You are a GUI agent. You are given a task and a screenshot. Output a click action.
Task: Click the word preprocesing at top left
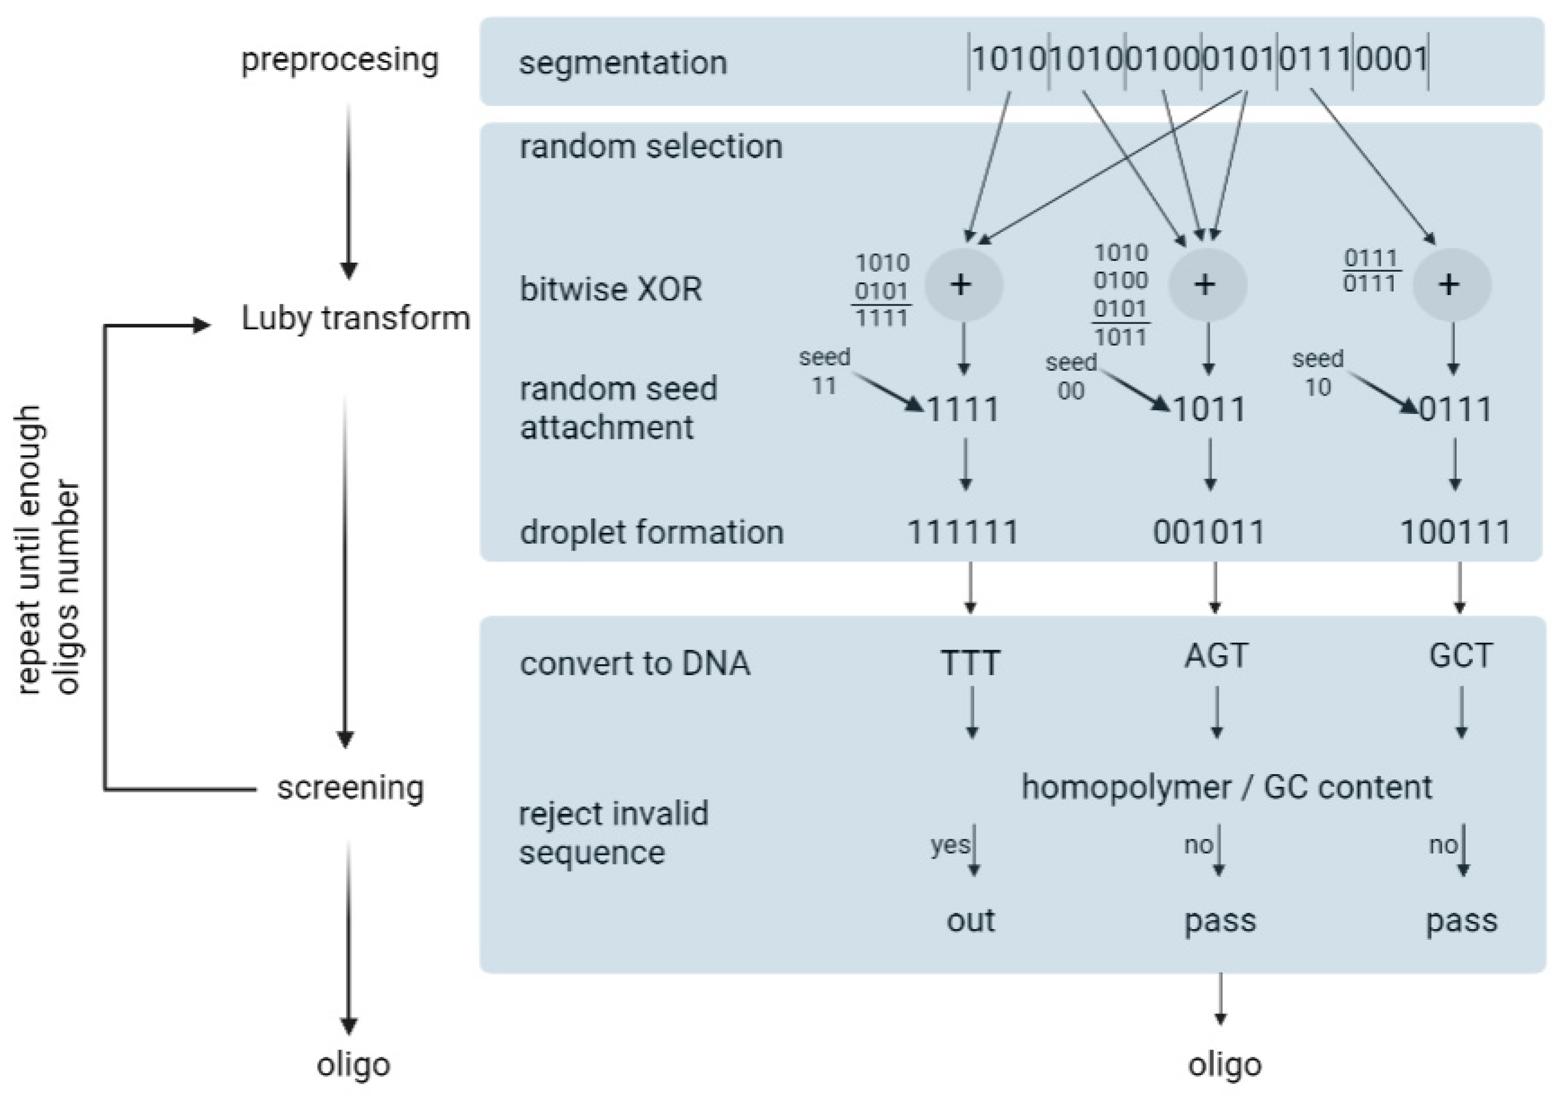339,60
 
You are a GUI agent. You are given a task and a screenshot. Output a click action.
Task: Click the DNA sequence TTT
970,663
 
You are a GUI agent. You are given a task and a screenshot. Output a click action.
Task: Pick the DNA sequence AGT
1216,656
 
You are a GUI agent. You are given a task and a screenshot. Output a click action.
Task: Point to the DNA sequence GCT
1460,656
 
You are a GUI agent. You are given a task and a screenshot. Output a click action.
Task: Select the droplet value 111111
963,532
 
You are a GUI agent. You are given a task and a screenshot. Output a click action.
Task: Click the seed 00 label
1071,376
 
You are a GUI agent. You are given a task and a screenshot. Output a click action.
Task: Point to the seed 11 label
824,371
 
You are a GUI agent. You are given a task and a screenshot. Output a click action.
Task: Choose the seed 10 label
1317,372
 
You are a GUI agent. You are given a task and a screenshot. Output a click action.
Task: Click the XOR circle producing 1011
1207,285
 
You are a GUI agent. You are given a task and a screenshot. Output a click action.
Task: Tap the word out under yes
970,920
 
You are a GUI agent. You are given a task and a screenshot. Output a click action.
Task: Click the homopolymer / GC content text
1227,787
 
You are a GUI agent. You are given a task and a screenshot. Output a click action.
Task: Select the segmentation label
623,63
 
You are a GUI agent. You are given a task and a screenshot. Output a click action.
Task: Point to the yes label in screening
950,845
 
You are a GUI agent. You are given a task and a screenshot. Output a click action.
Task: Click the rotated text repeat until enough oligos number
47,551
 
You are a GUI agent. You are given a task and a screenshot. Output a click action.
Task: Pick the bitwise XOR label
611,289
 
